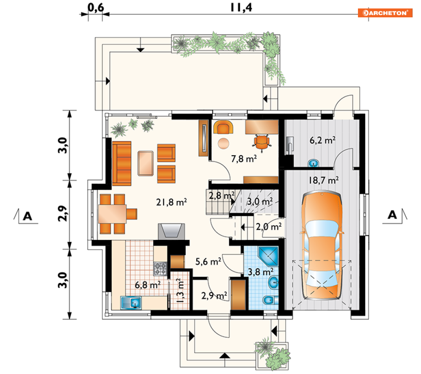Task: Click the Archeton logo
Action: [385, 13]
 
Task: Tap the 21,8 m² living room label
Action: [171, 202]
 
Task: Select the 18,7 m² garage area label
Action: [324, 180]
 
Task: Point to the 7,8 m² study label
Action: [244, 159]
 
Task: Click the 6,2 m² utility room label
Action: [322, 140]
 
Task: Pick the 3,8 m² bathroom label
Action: [261, 272]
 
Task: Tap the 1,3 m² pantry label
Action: [180, 291]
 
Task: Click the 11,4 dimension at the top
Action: [241, 7]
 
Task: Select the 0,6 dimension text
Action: [96, 7]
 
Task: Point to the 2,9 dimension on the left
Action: [62, 214]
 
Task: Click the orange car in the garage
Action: [322, 245]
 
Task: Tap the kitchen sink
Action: [131, 303]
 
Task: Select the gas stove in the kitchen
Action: [160, 269]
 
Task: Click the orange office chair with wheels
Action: [261, 142]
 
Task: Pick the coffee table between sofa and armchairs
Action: [146, 163]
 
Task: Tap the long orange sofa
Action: [121, 163]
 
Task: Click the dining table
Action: [112, 214]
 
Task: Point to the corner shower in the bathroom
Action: [268, 256]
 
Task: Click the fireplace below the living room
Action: [171, 231]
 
